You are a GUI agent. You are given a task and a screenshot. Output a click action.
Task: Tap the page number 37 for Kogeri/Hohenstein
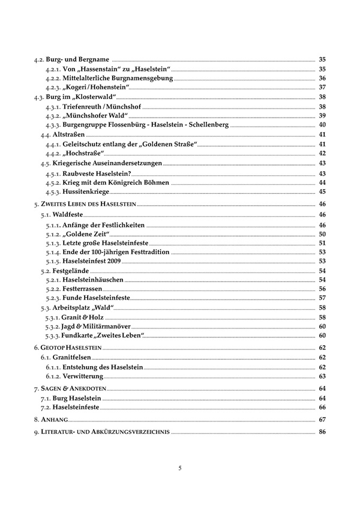tap(322, 87)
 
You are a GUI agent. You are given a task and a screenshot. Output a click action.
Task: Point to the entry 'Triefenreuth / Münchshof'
tap(101, 106)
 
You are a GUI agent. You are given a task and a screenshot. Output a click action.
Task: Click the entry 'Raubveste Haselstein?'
tap(99, 173)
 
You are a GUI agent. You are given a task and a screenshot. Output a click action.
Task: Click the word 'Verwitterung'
tap(83, 376)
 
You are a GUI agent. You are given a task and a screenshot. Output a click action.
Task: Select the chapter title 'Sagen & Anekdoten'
tap(73, 389)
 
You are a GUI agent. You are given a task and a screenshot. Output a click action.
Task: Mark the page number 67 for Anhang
tap(322, 419)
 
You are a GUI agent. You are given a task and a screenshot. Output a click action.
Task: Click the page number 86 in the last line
tap(322, 432)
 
